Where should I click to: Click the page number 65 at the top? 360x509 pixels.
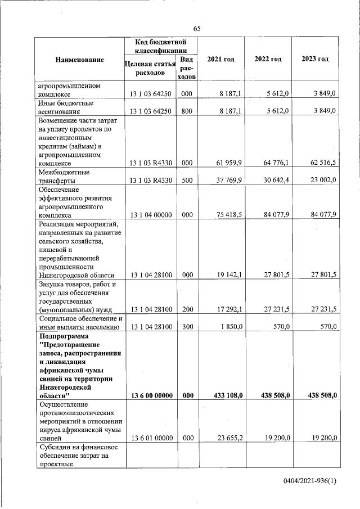click(197, 29)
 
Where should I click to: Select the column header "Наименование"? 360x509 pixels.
click(79, 60)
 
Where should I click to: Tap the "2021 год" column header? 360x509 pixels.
click(220, 60)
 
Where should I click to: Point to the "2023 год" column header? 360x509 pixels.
click(315, 60)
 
